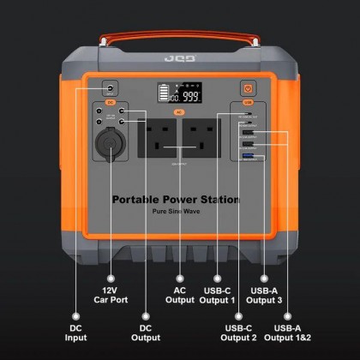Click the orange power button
[x=248, y=88]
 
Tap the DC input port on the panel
[x=111, y=88]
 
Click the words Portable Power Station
[x=176, y=200]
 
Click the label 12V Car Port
[x=111, y=294]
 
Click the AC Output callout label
[x=180, y=294]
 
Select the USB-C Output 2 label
[x=241, y=333]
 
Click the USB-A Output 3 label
[x=262, y=294]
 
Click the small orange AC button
[x=179, y=111]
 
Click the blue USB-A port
[x=249, y=157]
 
